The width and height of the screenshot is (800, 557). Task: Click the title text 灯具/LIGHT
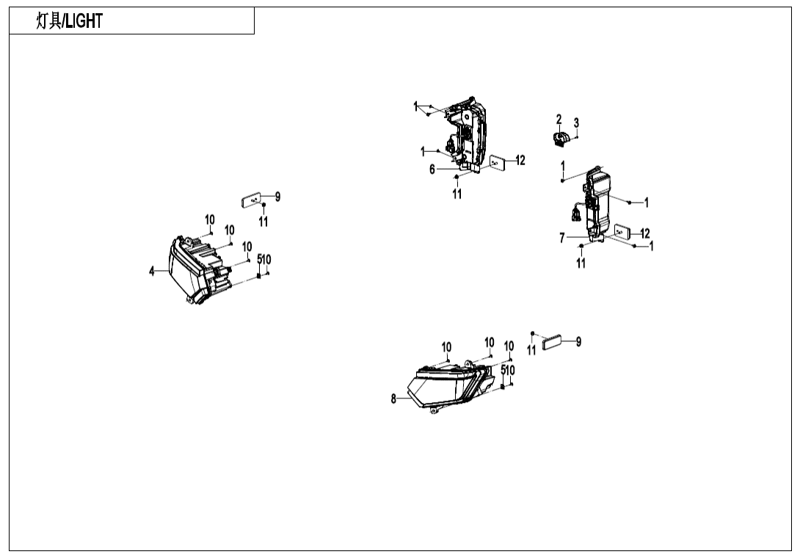pos(70,21)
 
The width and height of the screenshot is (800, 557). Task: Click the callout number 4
pos(153,272)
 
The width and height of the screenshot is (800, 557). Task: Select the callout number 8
pos(394,399)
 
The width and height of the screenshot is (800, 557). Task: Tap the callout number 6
pos(433,170)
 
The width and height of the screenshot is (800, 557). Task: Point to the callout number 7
pos(562,238)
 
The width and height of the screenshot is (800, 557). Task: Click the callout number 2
pos(559,120)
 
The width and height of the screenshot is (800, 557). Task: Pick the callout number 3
pos(576,123)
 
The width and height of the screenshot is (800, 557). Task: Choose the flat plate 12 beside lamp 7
pos(622,233)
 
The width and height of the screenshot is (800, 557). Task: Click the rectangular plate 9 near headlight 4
pos(251,198)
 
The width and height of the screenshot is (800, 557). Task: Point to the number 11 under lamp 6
pos(457,194)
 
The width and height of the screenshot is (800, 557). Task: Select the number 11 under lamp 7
pos(581,263)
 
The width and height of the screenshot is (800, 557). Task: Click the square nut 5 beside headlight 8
pos(503,386)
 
